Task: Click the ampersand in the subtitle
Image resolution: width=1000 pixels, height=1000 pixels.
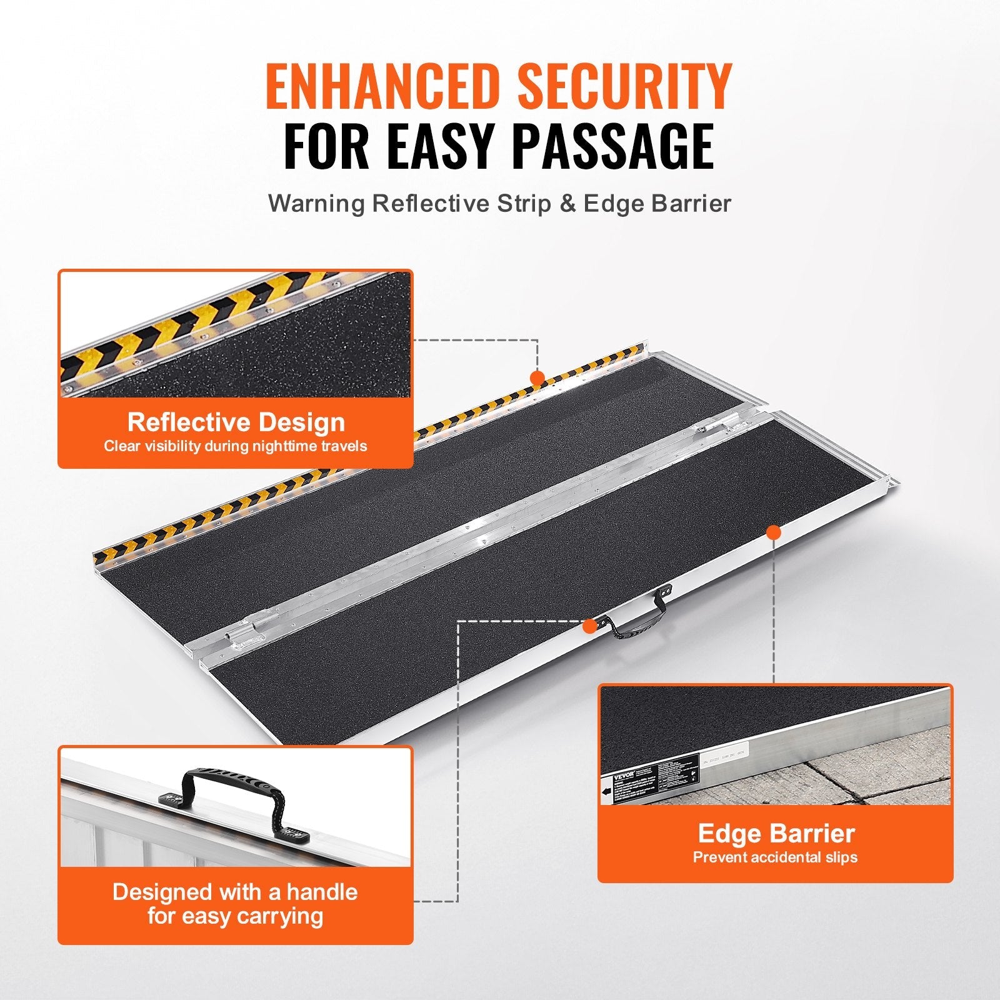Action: (567, 204)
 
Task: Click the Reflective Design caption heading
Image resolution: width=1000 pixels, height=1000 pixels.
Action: (236, 422)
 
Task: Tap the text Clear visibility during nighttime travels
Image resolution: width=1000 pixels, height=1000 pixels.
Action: (236, 446)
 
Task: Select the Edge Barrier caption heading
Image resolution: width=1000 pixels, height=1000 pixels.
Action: (776, 833)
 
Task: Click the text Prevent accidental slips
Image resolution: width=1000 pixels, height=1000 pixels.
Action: (775, 857)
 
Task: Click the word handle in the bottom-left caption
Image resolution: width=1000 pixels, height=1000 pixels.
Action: (327, 892)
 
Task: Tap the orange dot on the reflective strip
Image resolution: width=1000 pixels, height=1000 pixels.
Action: (536, 377)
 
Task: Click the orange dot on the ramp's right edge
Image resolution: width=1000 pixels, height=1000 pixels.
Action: (774, 532)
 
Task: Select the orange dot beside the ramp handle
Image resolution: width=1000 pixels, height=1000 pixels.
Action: (588, 624)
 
